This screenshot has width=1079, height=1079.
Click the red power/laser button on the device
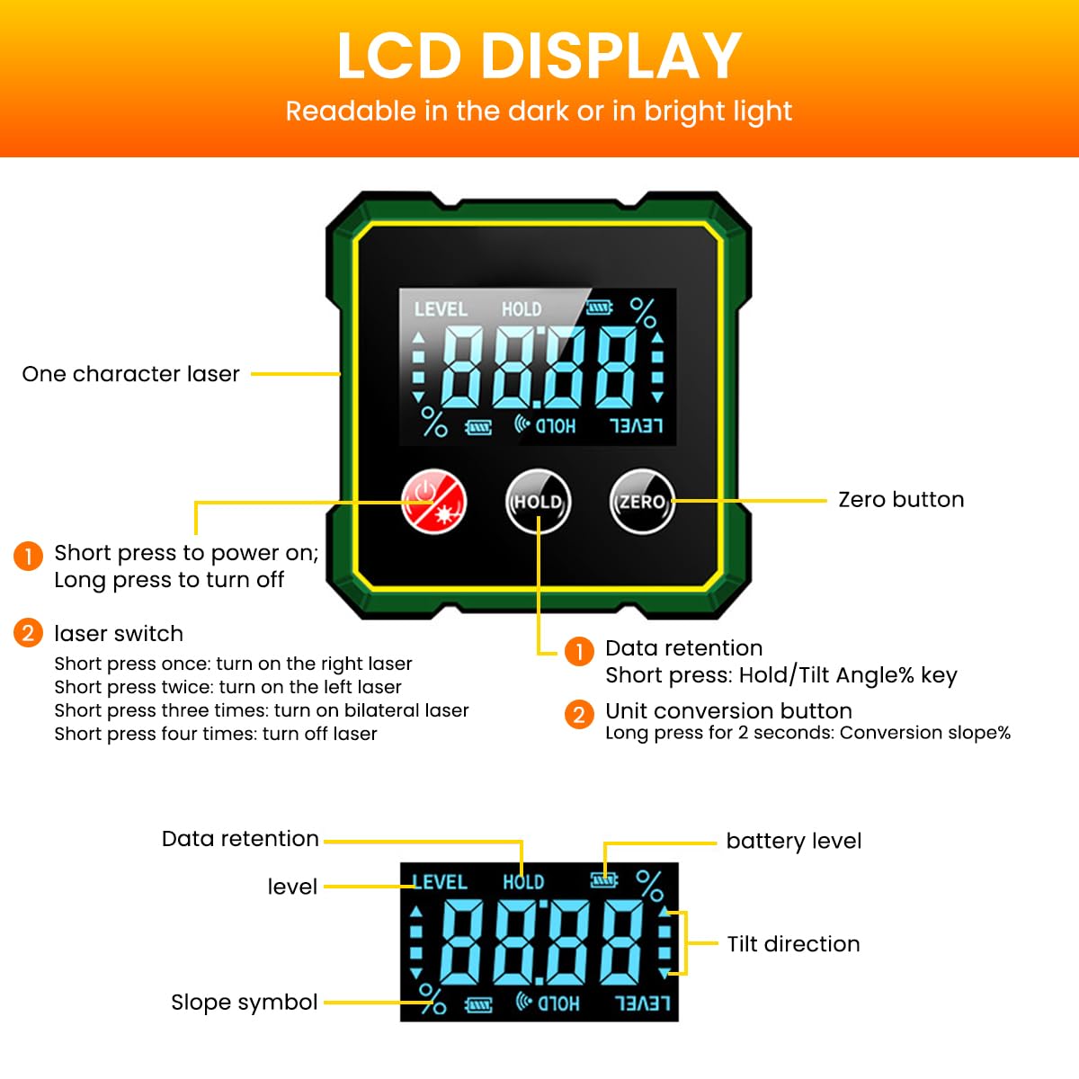(x=434, y=502)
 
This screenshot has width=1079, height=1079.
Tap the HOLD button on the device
(x=538, y=502)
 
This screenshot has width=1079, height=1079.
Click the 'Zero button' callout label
(x=900, y=500)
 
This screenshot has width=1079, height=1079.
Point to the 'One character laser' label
(x=130, y=374)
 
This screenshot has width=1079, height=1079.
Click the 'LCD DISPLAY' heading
(x=539, y=56)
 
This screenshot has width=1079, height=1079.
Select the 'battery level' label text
(x=793, y=842)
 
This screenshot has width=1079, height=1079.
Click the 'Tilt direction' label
(x=793, y=944)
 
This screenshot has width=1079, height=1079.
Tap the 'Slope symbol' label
(x=244, y=1003)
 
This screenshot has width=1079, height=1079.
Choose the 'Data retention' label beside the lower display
(x=240, y=839)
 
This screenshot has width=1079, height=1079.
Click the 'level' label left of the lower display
(x=292, y=887)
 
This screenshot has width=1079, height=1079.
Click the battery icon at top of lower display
(x=604, y=880)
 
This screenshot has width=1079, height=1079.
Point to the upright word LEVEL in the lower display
(x=440, y=882)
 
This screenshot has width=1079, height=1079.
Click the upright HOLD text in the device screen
(x=522, y=309)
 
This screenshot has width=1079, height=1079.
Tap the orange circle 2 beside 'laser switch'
(x=28, y=633)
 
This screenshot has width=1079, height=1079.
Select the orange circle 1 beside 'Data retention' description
(x=579, y=650)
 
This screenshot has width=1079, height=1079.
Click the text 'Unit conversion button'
(x=728, y=711)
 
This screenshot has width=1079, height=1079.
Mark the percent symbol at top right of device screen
(x=643, y=312)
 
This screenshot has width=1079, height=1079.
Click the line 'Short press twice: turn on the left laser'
(x=227, y=687)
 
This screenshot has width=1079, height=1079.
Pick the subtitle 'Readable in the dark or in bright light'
(x=539, y=111)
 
